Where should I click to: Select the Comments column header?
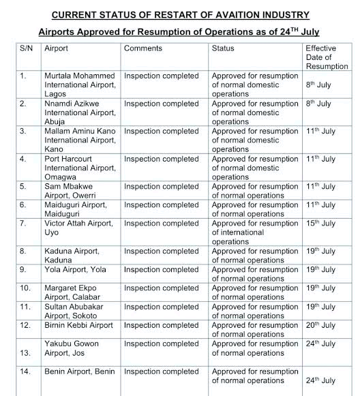[x=143, y=49]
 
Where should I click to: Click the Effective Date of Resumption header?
[x=326, y=57]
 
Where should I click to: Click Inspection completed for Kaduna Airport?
[x=161, y=251]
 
